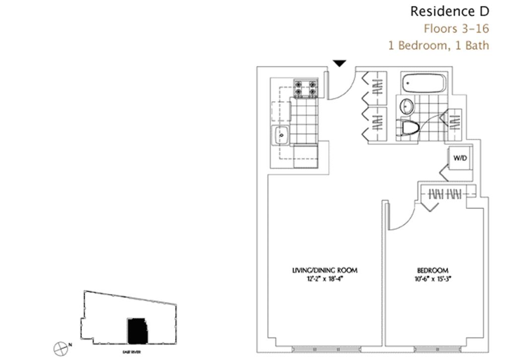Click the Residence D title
pos(449,11)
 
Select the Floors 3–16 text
pos(456,28)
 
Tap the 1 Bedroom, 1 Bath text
pos(439,45)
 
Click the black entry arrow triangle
pos(339,63)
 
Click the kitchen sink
pos(281,134)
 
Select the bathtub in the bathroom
pos(423,83)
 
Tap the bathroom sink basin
pos(407,106)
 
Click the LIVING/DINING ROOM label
pos(324,270)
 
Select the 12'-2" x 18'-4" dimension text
pos(324,279)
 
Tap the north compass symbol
pos(61,348)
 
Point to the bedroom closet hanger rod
pos(445,194)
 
